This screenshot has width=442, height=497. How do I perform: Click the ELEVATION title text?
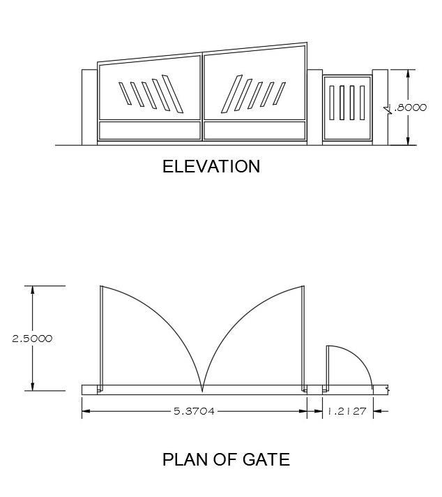coord(211,167)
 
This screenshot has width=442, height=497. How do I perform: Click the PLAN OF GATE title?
coord(225,459)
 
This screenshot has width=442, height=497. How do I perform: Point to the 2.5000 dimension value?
coord(32,339)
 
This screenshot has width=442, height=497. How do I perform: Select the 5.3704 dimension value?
coord(194,411)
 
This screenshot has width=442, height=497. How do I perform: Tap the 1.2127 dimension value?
coord(347,411)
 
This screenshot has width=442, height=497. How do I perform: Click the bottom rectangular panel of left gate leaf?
coord(150,130)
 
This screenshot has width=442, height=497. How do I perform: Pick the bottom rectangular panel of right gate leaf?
coord(254,130)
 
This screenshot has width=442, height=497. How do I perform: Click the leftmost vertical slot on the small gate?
coord(332,104)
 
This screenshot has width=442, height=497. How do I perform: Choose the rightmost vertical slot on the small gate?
coord(363,104)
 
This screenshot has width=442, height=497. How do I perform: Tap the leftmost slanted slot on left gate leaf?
coord(125,94)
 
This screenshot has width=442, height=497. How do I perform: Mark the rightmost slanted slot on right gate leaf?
coord(280,94)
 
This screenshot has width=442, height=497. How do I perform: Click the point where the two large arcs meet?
coord(202,388)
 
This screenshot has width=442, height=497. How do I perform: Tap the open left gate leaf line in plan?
coord(101,335)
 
